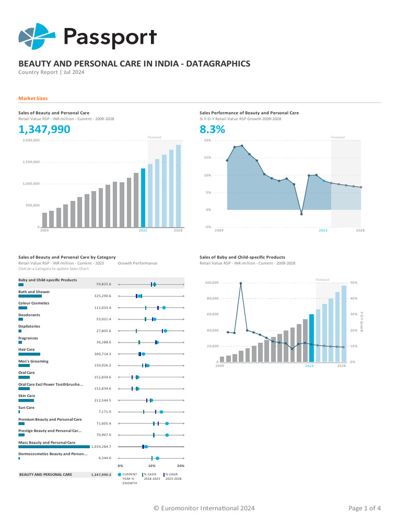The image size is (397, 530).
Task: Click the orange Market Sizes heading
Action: [33, 98]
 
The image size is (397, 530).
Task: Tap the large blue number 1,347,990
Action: [44, 129]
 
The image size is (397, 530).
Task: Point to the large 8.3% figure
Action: [212, 129]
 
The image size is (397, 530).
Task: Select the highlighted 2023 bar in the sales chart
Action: [143, 198]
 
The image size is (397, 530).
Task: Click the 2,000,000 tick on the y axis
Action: [32, 140]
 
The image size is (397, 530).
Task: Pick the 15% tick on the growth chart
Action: [207, 157]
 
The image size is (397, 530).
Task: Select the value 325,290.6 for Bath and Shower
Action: [102, 296]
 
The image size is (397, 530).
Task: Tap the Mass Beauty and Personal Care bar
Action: [54, 446]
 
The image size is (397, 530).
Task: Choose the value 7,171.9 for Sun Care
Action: [105, 412]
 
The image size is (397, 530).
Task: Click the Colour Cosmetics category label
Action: [34, 303]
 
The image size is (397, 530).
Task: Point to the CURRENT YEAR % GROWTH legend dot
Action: [120, 474]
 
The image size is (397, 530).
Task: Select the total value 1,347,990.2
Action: [101, 474]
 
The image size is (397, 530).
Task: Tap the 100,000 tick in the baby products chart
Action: [212, 283]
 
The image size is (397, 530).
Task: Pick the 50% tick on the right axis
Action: [354, 283]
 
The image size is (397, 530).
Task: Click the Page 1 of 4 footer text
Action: [364, 508]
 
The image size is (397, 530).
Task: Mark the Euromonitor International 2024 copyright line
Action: [204, 508]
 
